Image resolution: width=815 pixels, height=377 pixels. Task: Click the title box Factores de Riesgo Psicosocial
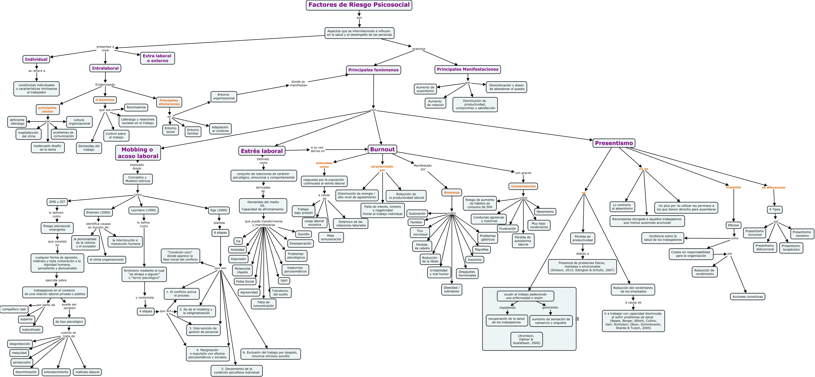point(359,5)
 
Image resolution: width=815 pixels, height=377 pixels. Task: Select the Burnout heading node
point(382,150)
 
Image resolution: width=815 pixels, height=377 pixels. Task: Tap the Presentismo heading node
point(614,143)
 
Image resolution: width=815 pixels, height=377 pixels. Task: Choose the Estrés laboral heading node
point(262,151)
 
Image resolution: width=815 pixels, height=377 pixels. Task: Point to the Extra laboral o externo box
point(157,58)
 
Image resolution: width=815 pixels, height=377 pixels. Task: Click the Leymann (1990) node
point(143,210)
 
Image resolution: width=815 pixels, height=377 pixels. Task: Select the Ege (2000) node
point(219,210)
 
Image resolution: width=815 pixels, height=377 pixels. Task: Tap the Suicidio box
point(303,234)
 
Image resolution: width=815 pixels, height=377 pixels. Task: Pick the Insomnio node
point(474,260)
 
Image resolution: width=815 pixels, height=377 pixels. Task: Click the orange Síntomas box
point(452,192)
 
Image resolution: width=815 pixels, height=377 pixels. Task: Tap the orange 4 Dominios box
point(105,100)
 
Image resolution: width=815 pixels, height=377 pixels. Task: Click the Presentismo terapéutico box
point(791,247)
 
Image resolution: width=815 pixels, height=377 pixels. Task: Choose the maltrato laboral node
point(87,372)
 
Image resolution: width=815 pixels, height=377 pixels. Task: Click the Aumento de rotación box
point(435,103)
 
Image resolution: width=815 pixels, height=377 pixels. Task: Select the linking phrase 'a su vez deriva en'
point(317,150)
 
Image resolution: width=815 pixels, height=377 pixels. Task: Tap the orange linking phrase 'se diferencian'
point(773,188)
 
